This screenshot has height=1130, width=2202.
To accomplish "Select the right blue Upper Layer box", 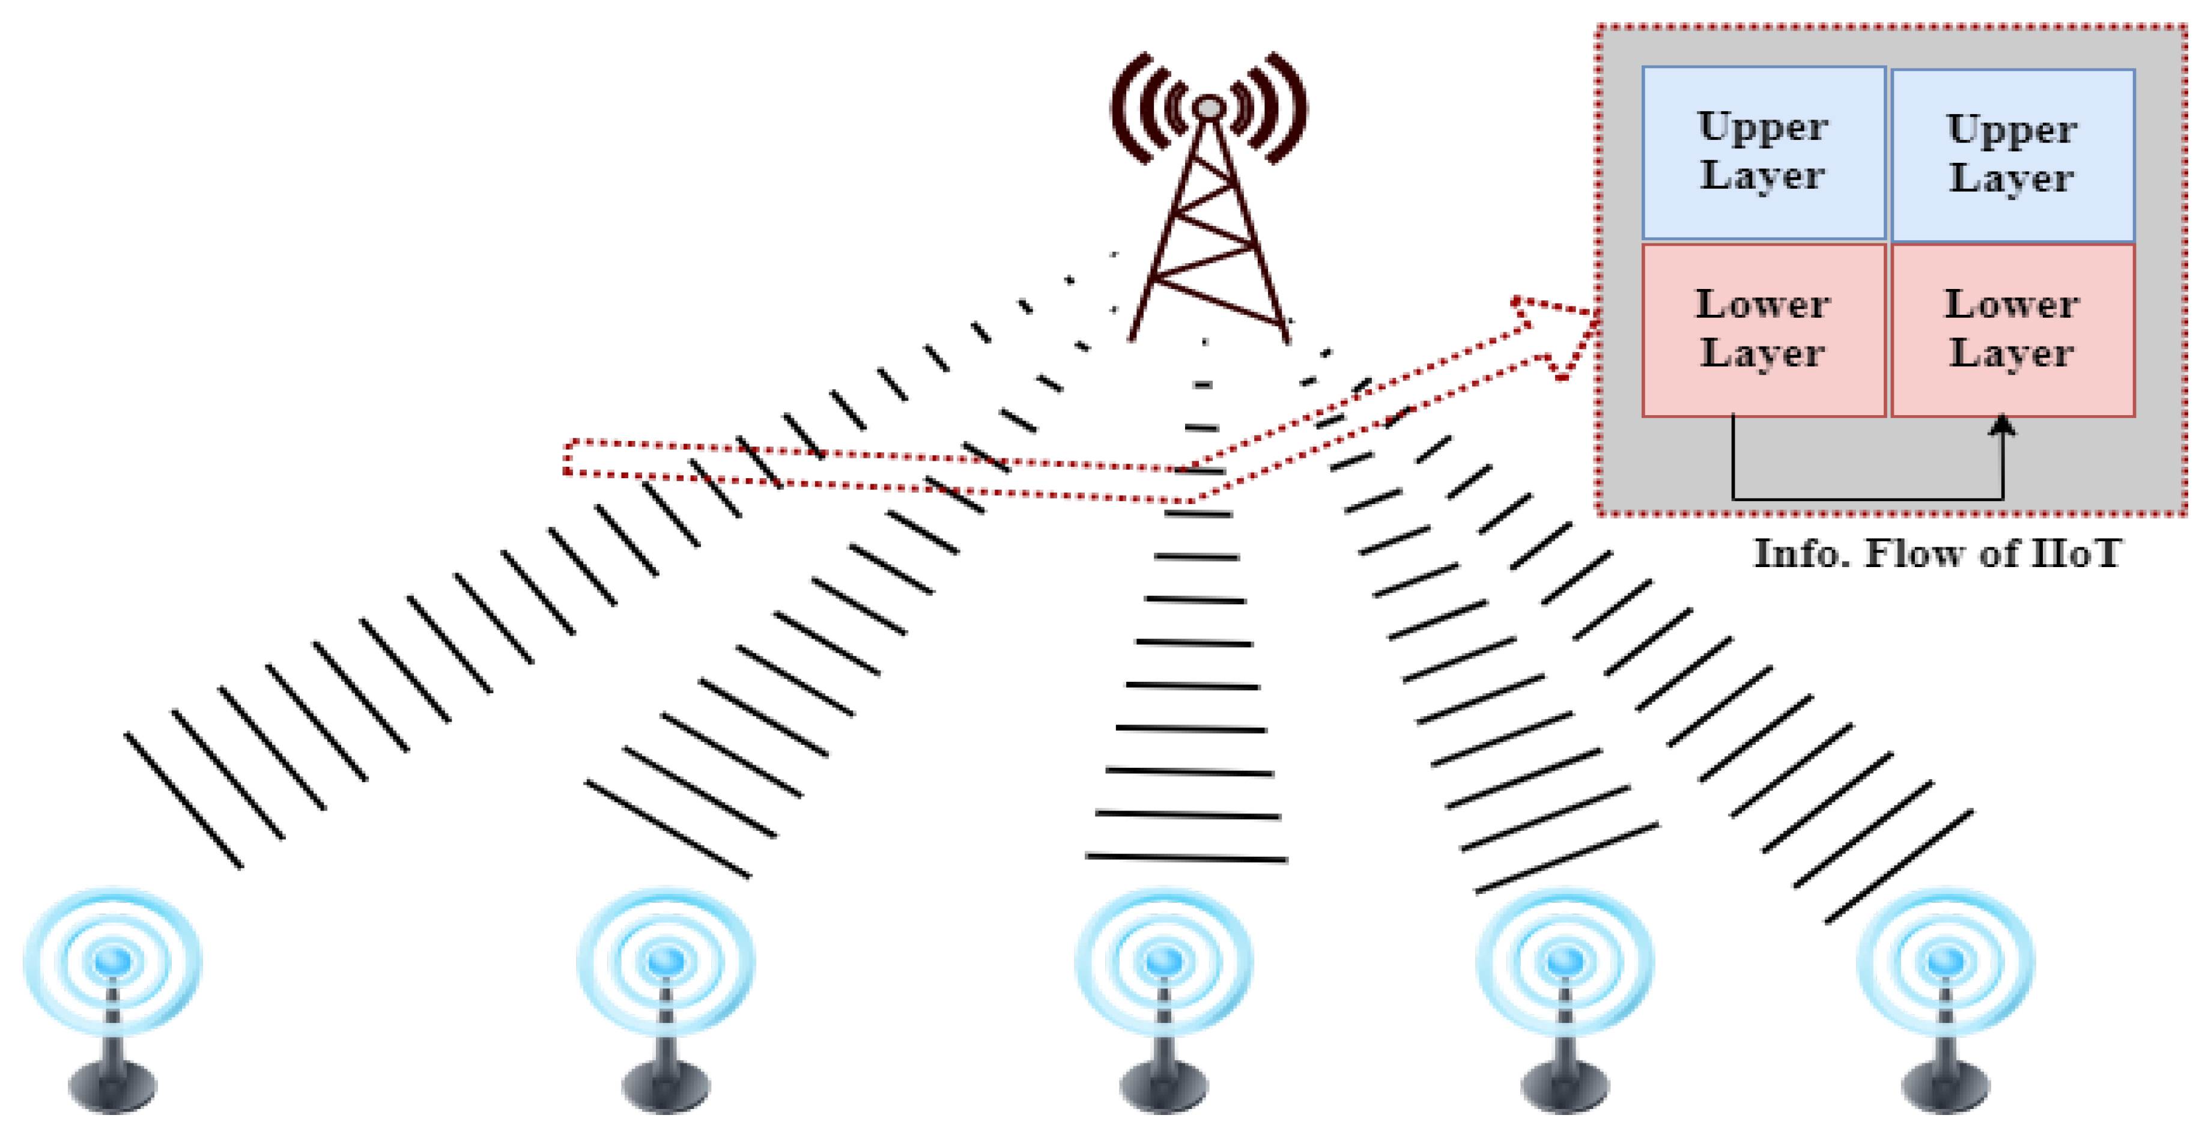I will pyautogui.click(x=2012, y=156).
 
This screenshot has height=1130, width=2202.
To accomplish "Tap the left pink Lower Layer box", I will pyautogui.click(x=1763, y=330).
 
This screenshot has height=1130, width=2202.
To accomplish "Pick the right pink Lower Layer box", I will pyautogui.click(x=2012, y=330).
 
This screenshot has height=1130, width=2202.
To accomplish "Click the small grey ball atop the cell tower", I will pyautogui.click(x=1209, y=108).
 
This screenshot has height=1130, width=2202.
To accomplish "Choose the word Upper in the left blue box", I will pyautogui.click(x=1763, y=127).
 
